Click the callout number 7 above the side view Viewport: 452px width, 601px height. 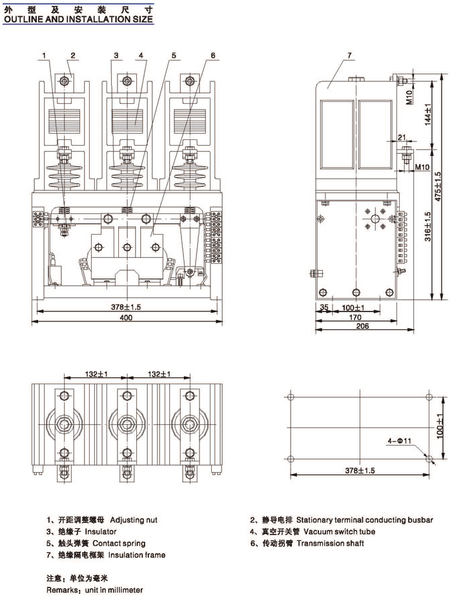(349, 56)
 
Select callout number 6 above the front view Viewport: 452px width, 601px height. (212, 55)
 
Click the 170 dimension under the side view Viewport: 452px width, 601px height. (354, 317)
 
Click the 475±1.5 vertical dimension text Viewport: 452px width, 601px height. (438, 187)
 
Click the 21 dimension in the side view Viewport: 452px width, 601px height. (402, 137)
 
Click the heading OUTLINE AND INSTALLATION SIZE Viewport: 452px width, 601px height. (78, 19)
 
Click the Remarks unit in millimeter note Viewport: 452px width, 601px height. (94, 590)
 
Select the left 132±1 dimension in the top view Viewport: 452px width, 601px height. (95, 374)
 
